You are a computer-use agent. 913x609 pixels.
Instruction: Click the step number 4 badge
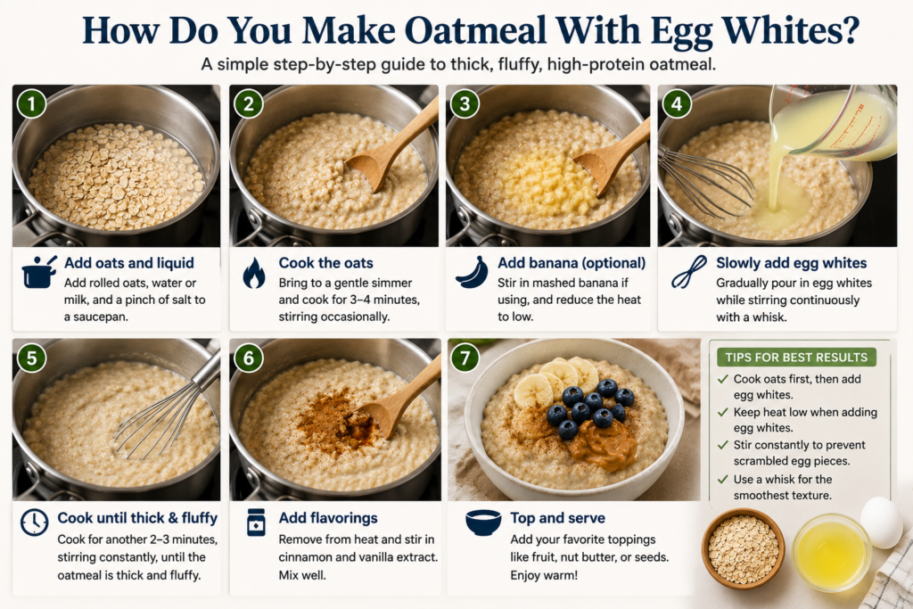point(677,104)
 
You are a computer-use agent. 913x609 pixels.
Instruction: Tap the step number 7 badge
point(465,357)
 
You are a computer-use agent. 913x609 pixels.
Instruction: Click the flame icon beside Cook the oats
point(254,273)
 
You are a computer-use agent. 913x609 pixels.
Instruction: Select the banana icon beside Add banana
point(472,273)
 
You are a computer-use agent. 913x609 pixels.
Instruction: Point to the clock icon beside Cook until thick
point(35,523)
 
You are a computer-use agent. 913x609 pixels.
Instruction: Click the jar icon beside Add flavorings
point(256,523)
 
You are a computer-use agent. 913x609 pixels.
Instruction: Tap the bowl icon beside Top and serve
point(483,523)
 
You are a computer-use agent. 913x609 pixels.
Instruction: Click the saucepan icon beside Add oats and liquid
point(39,272)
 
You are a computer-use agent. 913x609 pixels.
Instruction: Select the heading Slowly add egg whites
point(792,263)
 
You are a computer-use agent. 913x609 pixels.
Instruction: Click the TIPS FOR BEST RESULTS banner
point(796,357)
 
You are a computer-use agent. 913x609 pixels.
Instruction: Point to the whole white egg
point(881,523)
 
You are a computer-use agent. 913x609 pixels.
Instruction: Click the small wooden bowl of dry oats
point(743,548)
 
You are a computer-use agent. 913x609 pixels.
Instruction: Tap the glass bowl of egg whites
point(832,551)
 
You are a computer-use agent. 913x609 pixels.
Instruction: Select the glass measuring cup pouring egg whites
point(833,122)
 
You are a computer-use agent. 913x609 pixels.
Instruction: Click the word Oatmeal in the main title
point(476,30)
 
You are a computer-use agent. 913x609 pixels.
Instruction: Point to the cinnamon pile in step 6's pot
point(336,420)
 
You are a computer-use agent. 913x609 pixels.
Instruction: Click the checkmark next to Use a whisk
point(723,479)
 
